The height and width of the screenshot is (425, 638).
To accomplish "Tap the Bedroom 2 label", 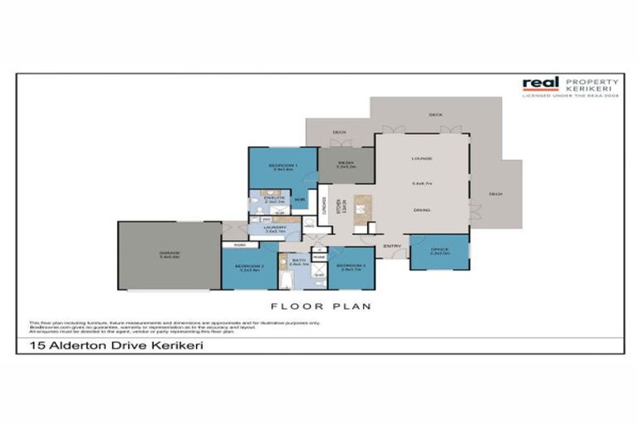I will click(250, 266).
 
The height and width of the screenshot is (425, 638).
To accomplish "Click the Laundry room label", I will click(275, 227).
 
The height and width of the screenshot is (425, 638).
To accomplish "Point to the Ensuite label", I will click(274, 198).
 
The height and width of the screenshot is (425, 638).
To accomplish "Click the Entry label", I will click(391, 247).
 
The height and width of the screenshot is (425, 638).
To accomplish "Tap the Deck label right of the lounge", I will click(495, 193).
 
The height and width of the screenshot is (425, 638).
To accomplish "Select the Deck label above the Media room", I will click(339, 131).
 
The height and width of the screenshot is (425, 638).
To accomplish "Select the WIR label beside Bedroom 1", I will click(301, 199).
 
